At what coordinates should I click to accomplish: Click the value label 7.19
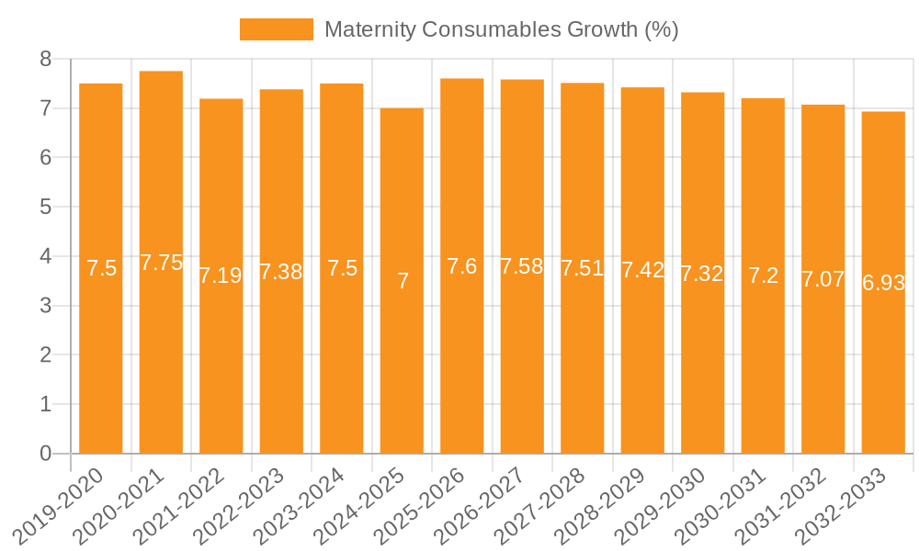221,275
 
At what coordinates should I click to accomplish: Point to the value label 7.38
281,272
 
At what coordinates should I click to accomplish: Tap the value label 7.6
461,266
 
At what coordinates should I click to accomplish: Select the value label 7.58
522,266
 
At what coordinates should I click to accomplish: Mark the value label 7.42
642,270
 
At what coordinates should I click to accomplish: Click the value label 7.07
823,279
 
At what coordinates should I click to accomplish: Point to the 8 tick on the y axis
46,60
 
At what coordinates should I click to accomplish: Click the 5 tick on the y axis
46,208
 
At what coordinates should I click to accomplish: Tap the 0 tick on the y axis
46,454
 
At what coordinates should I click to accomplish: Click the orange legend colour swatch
276,29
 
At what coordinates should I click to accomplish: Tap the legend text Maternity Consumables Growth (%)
501,29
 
